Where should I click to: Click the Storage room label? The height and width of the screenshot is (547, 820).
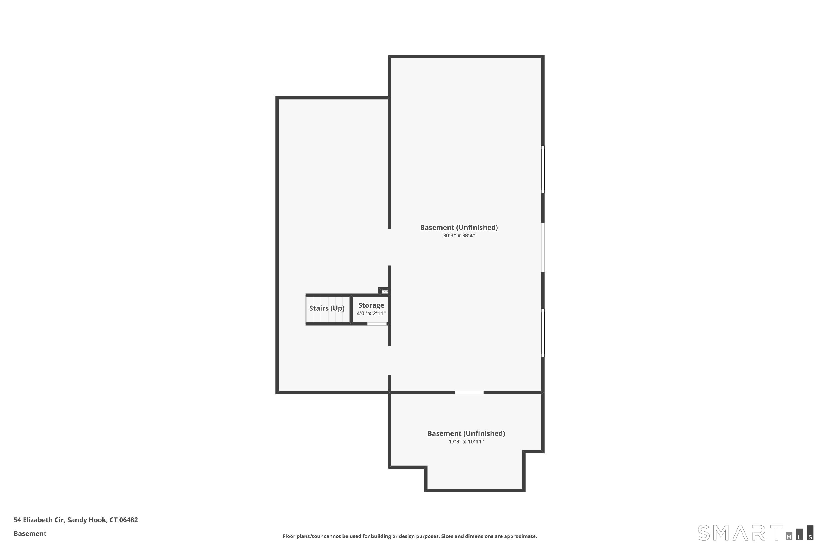[x=371, y=305]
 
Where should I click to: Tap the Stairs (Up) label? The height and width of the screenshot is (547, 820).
[x=327, y=309]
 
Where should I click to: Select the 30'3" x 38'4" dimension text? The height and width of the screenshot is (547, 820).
[x=459, y=235]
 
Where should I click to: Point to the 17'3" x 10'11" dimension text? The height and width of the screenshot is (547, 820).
[x=466, y=442]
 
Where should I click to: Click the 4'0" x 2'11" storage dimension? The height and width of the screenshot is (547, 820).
[x=371, y=313]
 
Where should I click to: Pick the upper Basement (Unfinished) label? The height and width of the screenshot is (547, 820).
[x=459, y=228]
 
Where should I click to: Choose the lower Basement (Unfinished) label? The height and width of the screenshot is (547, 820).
[x=466, y=433]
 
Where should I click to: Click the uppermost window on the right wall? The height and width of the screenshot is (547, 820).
[x=543, y=169]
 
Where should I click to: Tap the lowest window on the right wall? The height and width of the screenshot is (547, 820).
[x=543, y=333]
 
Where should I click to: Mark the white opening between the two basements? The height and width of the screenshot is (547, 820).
[x=469, y=393]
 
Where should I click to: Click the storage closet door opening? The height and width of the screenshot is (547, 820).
[x=377, y=324]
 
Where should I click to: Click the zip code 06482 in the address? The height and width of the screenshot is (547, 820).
[x=129, y=520]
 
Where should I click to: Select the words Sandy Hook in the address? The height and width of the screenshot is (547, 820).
[x=87, y=520]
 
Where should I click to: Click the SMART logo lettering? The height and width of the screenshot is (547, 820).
[x=740, y=533]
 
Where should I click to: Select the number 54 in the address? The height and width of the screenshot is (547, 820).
[x=17, y=520]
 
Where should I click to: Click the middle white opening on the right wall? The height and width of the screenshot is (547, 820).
[x=543, y=247]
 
